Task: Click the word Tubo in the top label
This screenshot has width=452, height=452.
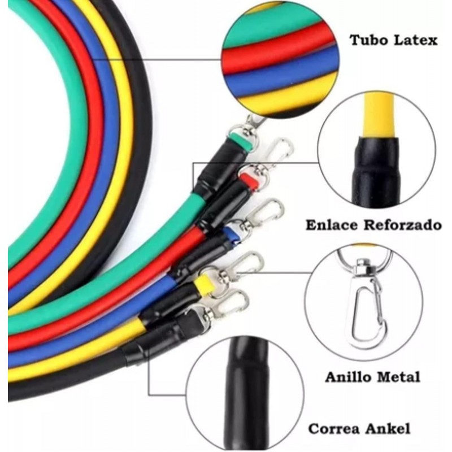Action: tap(370, 40)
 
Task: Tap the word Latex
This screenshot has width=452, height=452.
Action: tap(416, 40)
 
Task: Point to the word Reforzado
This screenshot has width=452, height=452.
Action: tap(402, 225)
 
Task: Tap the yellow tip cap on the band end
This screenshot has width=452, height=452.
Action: tap(205, 285)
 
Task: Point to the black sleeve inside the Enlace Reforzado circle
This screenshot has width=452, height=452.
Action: tap(376, 172)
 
